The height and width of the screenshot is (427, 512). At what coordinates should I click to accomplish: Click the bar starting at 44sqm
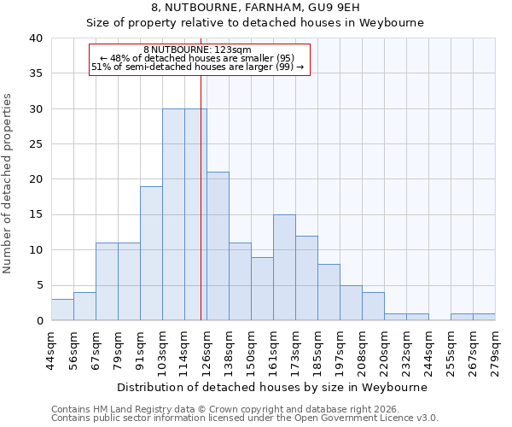(x=62, y=310)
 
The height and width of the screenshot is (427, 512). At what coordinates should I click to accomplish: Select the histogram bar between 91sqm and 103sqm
(x=151, y=254)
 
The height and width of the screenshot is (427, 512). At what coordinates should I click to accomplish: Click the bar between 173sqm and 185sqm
(x=306, y=278)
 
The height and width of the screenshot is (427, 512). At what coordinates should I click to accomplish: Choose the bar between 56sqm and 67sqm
(x=84, y=307)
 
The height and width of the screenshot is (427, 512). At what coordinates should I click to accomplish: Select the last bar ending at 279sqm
(x=484, y=317)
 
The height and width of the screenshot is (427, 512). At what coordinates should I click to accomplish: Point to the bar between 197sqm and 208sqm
(x=351, y=303)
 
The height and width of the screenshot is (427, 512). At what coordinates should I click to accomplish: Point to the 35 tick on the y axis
(x=35, y=73)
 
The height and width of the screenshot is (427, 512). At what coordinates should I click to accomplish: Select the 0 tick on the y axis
(x=39, y=321)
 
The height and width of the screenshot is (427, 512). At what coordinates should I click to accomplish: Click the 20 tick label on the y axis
(x=35, y=179)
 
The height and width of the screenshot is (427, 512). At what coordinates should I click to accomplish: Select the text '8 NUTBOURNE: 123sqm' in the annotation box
(x=197, y=50)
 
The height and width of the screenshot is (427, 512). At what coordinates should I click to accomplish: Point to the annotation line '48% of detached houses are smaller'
(x=197, y=58)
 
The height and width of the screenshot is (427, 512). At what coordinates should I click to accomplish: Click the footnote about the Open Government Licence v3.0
(x=245, y=418)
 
